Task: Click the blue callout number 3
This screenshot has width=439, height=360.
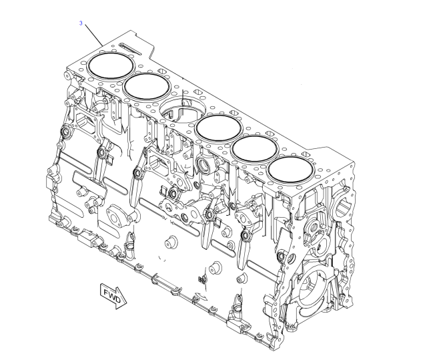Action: pyautogui.click(x=81, y=23)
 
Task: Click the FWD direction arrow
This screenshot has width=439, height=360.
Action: pyautogui.click(x=113, y=296)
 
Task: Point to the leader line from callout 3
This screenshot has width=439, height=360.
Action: pyautogui.click(x=94, y=35)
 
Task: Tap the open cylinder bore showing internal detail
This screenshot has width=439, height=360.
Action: pyautogui.click(x=183, y=110)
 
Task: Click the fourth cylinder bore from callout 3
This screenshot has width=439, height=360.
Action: pyautogui.click(x=219, y=128)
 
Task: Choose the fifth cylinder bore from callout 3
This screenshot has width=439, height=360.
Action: pyautogui.click(x=254, y=148)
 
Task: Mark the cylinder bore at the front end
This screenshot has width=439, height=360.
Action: pyautogui.click(x=290, y=170)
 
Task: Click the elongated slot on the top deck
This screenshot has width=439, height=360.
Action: pyautogui.click(x=131, y=48)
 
